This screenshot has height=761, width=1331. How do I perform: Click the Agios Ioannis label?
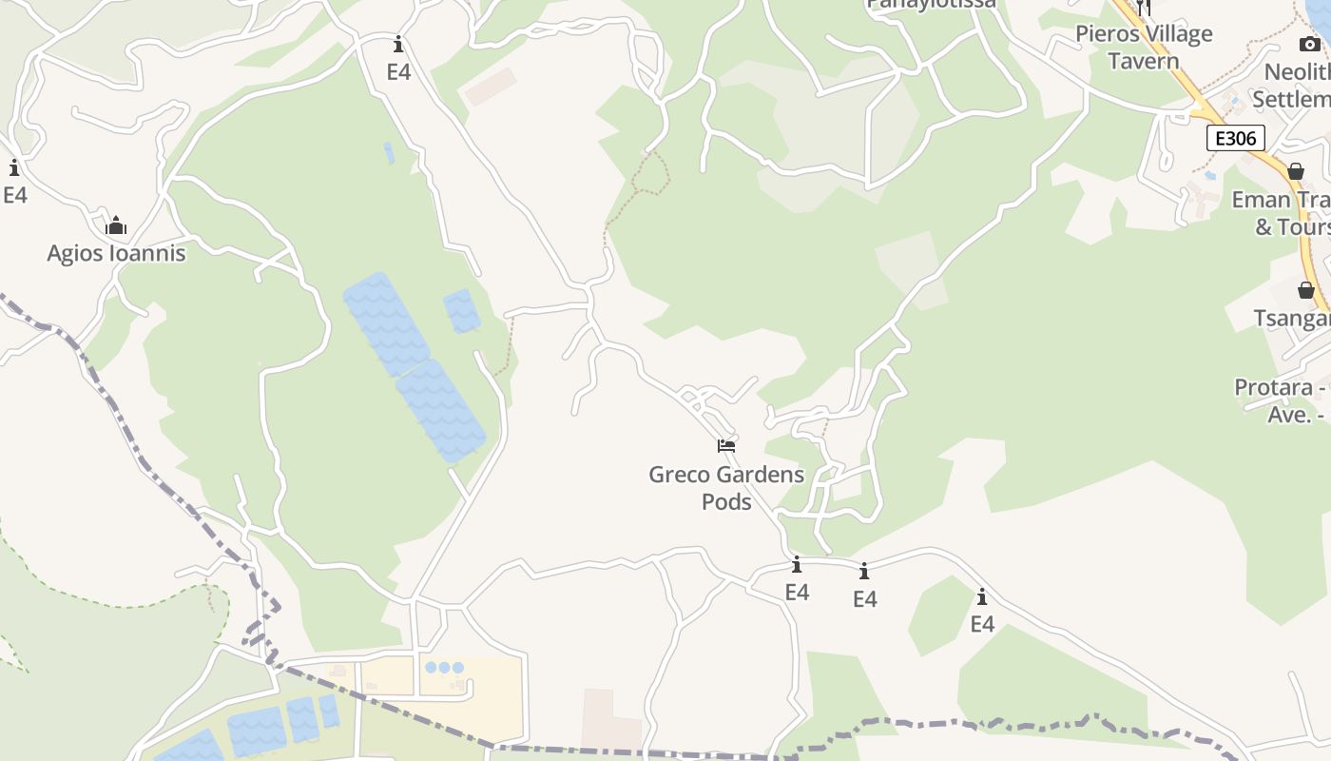(x=116, y=254)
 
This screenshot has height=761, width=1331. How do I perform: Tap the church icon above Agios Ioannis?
(x=116, y=225)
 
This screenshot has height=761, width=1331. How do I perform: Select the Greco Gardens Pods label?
(x=726, y=487)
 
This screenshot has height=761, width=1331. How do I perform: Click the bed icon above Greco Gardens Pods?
(x=726, y=445)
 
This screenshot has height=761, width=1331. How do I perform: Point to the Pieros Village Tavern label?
(x=1144, y=48)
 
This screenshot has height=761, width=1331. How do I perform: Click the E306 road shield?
(x=1236, y=138)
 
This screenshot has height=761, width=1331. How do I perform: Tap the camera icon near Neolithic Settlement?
(x=1309, y=44)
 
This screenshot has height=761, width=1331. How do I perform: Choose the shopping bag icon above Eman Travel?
(x=1295, y=171)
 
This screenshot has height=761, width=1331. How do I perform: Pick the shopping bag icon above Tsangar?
(x=1306, y=290)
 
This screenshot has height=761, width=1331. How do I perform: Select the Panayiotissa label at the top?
(x=931, y=4)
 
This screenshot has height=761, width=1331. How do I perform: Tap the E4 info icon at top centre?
(x=398, y=45)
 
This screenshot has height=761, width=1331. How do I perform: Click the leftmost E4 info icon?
(x=14, y=168)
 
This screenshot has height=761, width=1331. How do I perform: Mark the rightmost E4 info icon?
(x=982, y=597)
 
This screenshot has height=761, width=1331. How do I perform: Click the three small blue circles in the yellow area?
(x=444, y=668)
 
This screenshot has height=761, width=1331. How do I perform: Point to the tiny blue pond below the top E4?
(x=389, y=152)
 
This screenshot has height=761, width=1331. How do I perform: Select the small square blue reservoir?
(x=462, y=311)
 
